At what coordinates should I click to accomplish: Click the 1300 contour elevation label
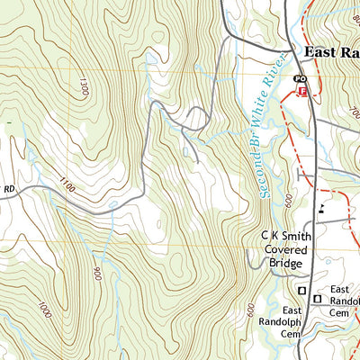[x=84, y=87]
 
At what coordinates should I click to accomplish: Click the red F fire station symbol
[x=302, y=92]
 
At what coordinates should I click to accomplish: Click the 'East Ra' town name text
[x=331, y=52]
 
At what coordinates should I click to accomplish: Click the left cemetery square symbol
[x=301, y=289]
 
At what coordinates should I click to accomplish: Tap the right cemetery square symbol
[x=317, y=297]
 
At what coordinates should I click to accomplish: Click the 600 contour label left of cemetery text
[x=250, y=309]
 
